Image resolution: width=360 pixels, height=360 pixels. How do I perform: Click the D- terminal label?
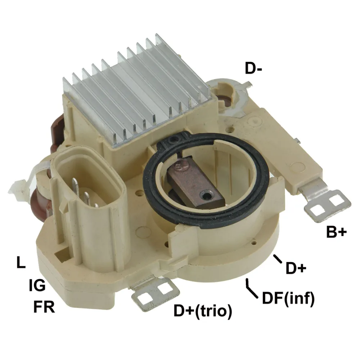pos(253,68)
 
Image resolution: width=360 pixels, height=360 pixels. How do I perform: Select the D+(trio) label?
pos(203,311)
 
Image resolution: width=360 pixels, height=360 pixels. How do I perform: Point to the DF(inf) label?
pos(288,298)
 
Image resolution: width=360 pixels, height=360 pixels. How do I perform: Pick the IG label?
pos(37,285)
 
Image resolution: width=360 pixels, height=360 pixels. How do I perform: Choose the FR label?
pos(44,307)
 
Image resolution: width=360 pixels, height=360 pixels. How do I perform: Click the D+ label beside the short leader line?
pos(296,268)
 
